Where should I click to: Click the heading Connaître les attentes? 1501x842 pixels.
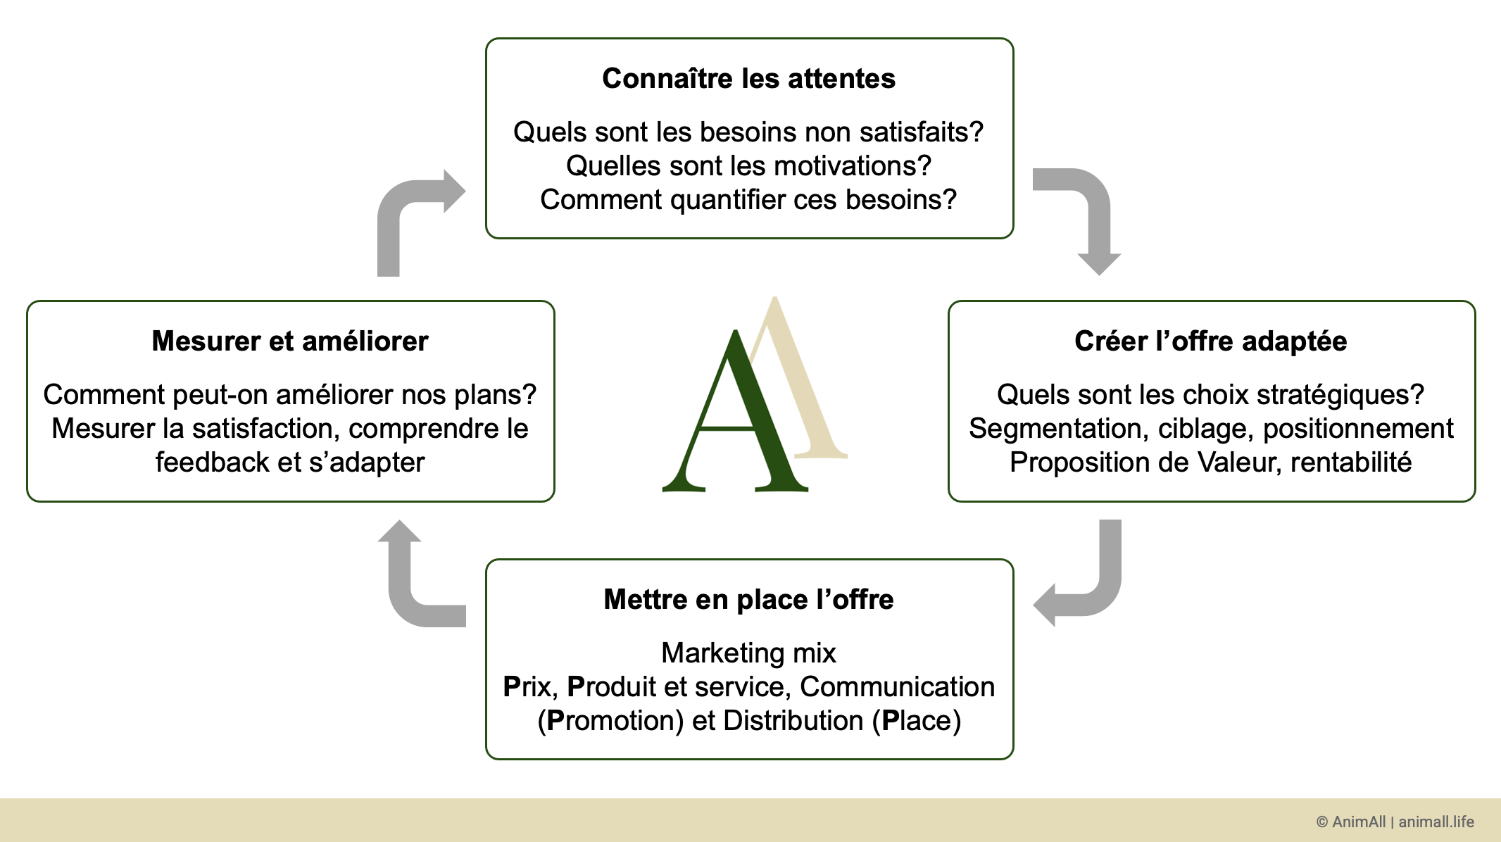pyautogui.click(x=748, y=79)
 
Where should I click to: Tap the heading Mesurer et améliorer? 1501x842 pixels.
pyautogui.click(x=290, y=341)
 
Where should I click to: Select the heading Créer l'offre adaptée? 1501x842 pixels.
pyautogui.click(x=1210, y=341)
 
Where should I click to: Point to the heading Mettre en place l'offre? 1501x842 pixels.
pyautogui.click(x=748, y=600)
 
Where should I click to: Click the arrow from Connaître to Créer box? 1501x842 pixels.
pyautogui.click(x=1088, y=211)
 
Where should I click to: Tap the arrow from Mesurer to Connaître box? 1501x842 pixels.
pyautogui.click(x=408, y=211)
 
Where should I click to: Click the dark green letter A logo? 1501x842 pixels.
pyautogui.click(x=732, y=422)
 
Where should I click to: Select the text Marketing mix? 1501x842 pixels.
pyautogui.click(x=748, y=653)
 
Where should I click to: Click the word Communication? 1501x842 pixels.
pyautogui.click(x=897, y=687)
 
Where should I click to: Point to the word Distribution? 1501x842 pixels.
pyautogui.click(x=793, y=721)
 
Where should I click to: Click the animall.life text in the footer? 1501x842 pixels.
pyautogui.click(x=1436, y=822)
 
